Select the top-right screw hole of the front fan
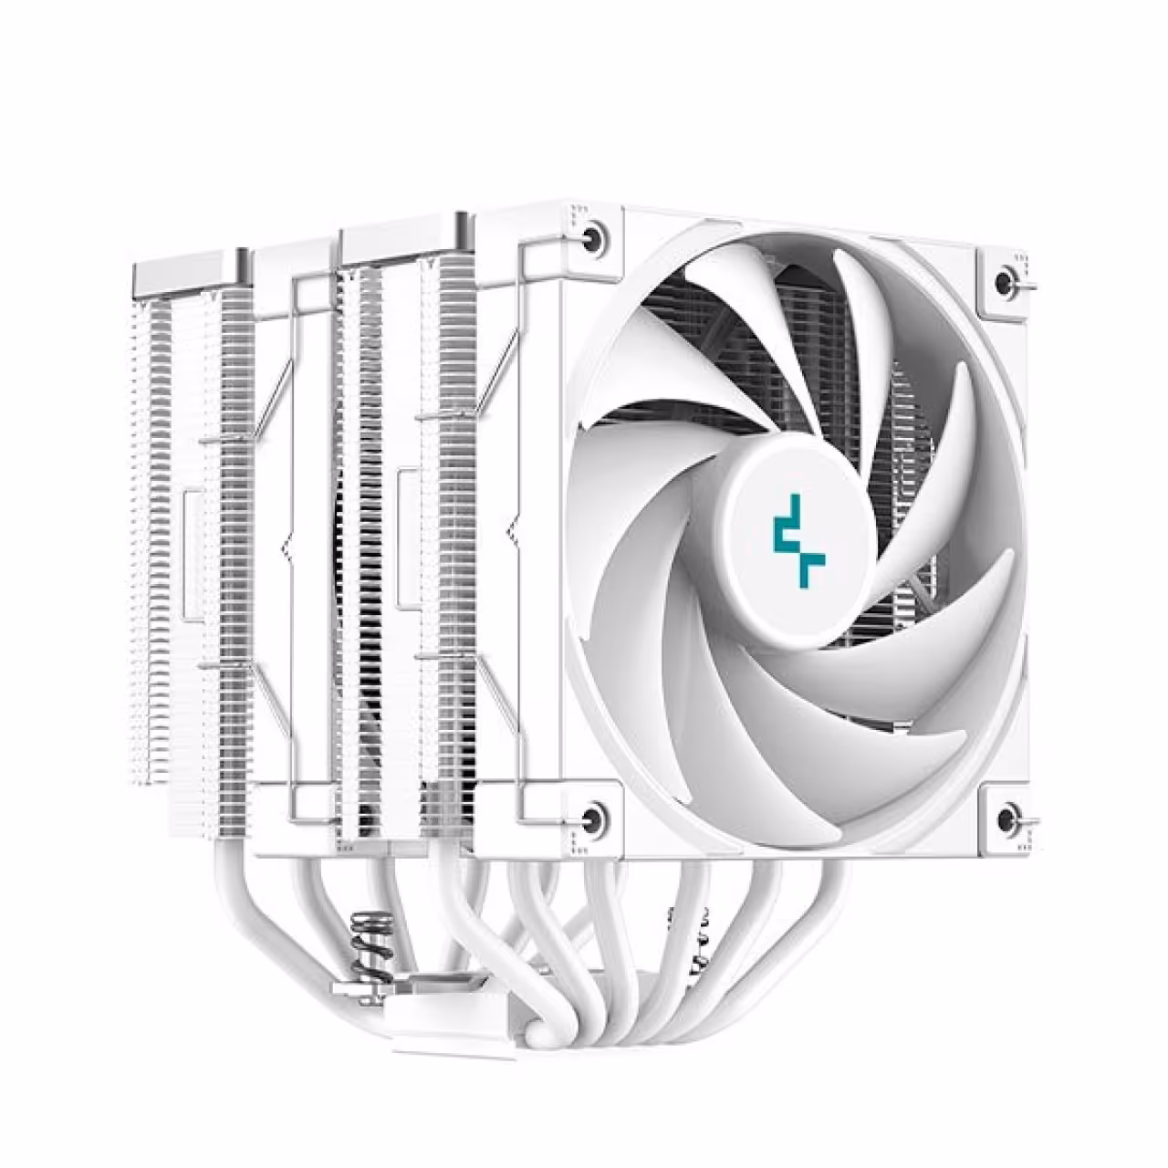(x=1007, y=278)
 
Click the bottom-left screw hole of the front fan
(x=592, y=817)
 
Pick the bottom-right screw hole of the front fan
(x=1007, y=818)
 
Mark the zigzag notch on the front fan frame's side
(x=510, y=529)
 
